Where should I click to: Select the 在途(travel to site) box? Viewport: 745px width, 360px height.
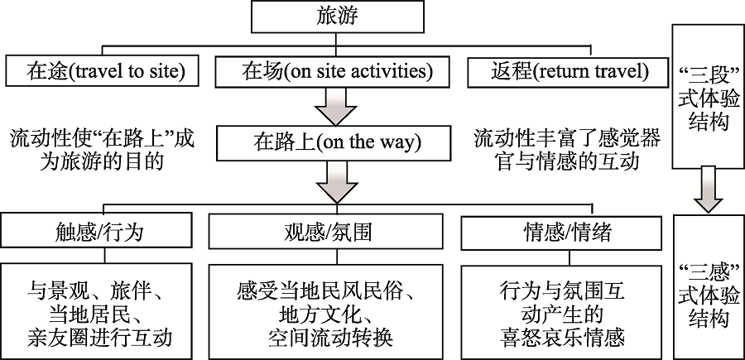pos(103,71)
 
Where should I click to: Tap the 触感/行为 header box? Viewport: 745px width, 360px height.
pos(103,231)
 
